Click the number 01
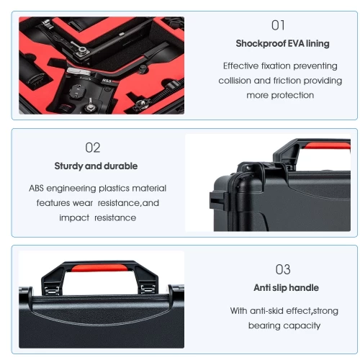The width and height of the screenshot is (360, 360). click(x=278, y=25)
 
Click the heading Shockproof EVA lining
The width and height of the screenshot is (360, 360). click(x=278, y=43)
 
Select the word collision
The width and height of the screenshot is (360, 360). click(x=238, y=80)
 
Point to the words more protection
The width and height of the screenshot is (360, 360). click(x=280, y=95)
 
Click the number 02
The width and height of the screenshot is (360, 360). click(x=93, y=148)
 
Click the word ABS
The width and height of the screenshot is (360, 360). click(x=37, y=188)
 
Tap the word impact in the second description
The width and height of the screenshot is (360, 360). click(x=73, y=217)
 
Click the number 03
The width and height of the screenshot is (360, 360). click(x=283, y=269)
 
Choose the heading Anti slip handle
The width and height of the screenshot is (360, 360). click(x=286, y=288)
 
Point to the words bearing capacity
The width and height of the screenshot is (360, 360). click(x=284, y=325)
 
